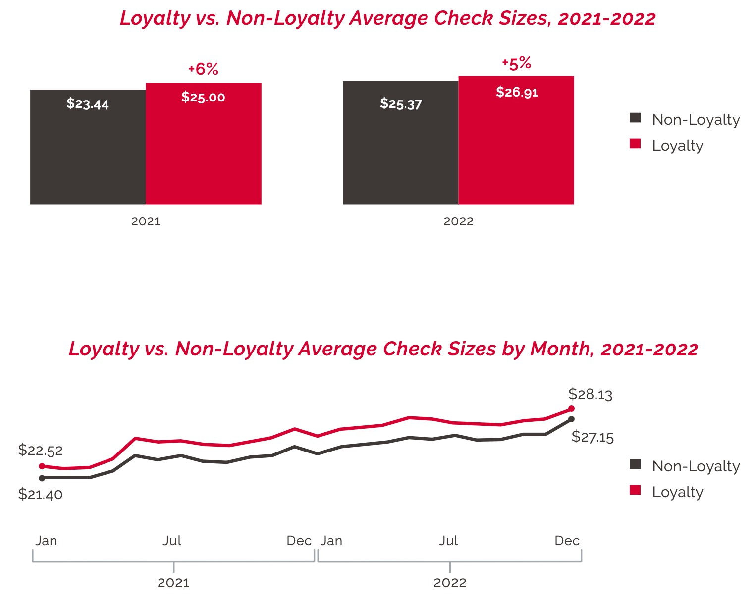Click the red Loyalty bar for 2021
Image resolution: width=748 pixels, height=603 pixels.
204,149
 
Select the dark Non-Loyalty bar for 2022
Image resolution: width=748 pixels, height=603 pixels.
400,149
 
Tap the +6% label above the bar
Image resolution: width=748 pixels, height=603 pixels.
203,69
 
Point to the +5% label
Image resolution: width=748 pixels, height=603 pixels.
516,63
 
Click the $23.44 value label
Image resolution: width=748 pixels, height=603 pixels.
88,104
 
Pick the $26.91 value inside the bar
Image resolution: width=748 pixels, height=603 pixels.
517,92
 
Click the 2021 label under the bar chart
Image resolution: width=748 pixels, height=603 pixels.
146,221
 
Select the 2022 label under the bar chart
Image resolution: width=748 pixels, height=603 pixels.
458,221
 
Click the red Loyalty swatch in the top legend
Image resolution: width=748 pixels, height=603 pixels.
635,144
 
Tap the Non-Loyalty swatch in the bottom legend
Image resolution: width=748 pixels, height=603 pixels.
635,464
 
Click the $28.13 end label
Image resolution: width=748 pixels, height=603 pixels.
590,394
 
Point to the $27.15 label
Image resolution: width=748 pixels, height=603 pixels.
592,437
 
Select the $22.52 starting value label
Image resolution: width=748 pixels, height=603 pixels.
41,450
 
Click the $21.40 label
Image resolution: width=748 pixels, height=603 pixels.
41,494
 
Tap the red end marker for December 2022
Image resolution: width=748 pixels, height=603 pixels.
571,409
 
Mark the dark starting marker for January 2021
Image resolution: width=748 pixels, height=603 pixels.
42,478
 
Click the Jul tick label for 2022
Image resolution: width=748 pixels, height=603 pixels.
448,541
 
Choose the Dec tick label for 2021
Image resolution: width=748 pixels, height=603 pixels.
299,541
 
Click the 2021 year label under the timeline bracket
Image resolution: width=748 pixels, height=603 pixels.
173,583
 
